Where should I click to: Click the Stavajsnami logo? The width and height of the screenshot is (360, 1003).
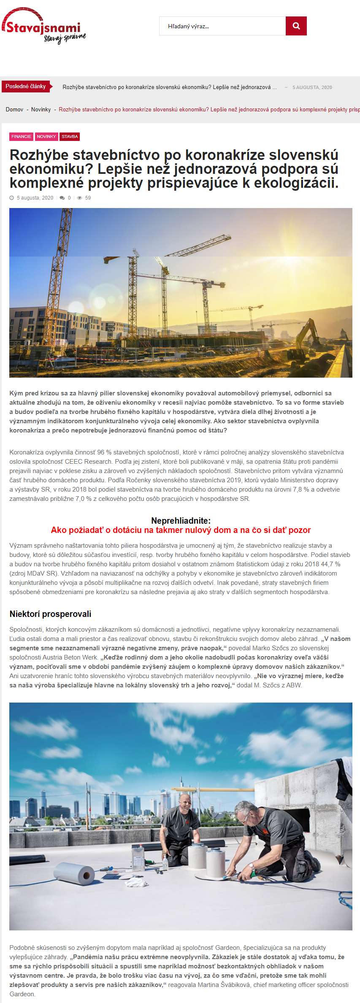43,27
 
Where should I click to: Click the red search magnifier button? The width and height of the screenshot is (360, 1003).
296,26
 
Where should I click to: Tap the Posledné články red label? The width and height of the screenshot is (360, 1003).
26,87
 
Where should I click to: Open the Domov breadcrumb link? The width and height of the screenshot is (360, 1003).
14,110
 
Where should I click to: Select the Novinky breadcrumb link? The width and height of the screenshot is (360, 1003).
41,110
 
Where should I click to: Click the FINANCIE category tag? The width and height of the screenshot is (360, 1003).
22,137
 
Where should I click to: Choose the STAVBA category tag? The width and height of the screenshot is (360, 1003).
70,137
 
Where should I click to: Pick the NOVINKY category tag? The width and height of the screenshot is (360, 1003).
46,137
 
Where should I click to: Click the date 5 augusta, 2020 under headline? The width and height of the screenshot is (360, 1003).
35,198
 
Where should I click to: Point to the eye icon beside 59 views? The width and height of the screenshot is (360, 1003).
79,198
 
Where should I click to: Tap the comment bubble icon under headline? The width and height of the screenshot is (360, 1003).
62,198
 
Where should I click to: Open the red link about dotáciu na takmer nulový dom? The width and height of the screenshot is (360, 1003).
181,530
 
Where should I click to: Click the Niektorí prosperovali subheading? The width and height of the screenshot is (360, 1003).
50,614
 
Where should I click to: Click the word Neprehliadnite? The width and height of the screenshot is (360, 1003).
181,521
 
